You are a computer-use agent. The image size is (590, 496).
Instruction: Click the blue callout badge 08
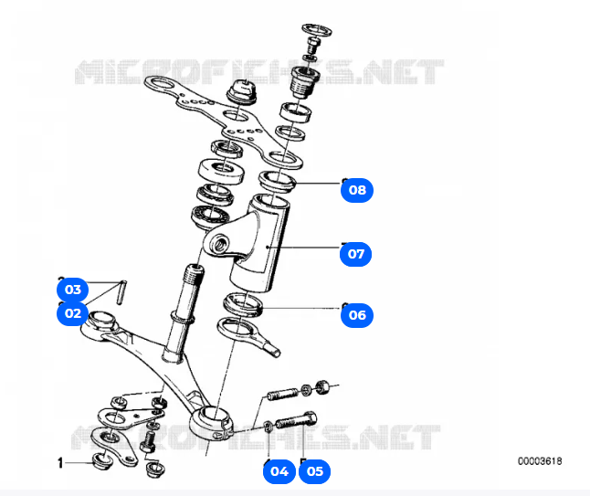(357, 190)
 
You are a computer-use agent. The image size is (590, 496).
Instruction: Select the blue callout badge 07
(357, 253)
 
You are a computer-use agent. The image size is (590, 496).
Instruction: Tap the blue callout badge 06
(357, 315)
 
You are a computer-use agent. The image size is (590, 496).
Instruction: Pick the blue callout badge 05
(314, 471)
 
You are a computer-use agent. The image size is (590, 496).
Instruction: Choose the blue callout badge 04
(279, 471)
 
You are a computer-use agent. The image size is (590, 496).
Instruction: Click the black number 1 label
(61, 463)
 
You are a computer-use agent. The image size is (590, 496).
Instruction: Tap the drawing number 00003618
(539, 462)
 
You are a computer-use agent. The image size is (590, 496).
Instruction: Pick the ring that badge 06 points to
(243, 304)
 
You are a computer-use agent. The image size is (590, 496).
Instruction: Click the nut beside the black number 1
(103, 460)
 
